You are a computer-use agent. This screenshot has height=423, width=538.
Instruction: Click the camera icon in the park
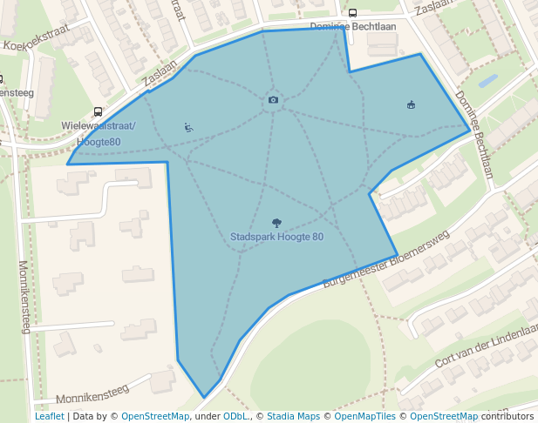tap(273, 100)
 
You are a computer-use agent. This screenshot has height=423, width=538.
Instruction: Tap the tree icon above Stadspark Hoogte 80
tap(276, 223)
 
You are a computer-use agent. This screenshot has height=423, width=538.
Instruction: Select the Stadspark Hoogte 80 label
tap(276, 237)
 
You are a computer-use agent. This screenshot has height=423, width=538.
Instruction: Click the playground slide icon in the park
tap(188, 127)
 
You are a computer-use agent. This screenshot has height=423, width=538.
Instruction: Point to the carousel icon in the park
tap(411, 105)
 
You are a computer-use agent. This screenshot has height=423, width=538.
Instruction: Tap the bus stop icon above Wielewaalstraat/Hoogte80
tap(97, 112)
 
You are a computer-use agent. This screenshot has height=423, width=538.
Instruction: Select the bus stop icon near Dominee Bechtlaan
tap(352, 13)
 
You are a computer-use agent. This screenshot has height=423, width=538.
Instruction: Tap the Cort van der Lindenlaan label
tap(487, 346)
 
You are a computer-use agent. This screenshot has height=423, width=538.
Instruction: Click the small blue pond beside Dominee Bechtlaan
tap(487, 83)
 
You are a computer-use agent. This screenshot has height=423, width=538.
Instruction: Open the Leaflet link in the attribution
tap(49, 416)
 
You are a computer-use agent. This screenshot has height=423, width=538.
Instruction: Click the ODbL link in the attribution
tap(235, 416)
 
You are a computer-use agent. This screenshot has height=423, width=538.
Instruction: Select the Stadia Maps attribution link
tap(293, 416)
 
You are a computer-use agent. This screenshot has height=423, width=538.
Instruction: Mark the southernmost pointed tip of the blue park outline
tap(205, 398)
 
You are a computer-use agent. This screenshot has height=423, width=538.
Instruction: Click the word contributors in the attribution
tap(507, 416)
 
